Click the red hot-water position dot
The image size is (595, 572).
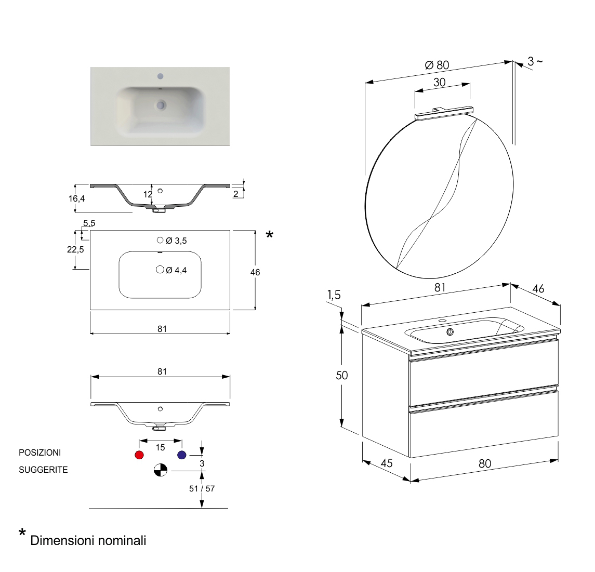139,455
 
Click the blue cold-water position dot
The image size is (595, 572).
181,455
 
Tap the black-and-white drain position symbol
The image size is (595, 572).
161,471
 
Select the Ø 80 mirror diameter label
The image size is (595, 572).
437,65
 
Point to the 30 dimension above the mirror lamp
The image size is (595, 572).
439,83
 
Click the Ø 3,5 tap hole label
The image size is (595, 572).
176,241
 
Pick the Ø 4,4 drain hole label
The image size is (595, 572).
176,270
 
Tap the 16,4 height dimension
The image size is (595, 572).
76,198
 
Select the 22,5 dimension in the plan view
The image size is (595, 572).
75,249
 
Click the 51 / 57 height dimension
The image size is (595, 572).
202,488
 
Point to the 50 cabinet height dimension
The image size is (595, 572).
341,375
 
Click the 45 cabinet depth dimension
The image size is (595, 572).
387,463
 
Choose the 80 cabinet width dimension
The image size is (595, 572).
484,463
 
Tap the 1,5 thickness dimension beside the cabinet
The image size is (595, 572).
334,295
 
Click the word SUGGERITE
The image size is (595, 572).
43,470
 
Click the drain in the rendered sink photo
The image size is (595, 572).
161,105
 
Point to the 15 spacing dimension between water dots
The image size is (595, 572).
160,447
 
